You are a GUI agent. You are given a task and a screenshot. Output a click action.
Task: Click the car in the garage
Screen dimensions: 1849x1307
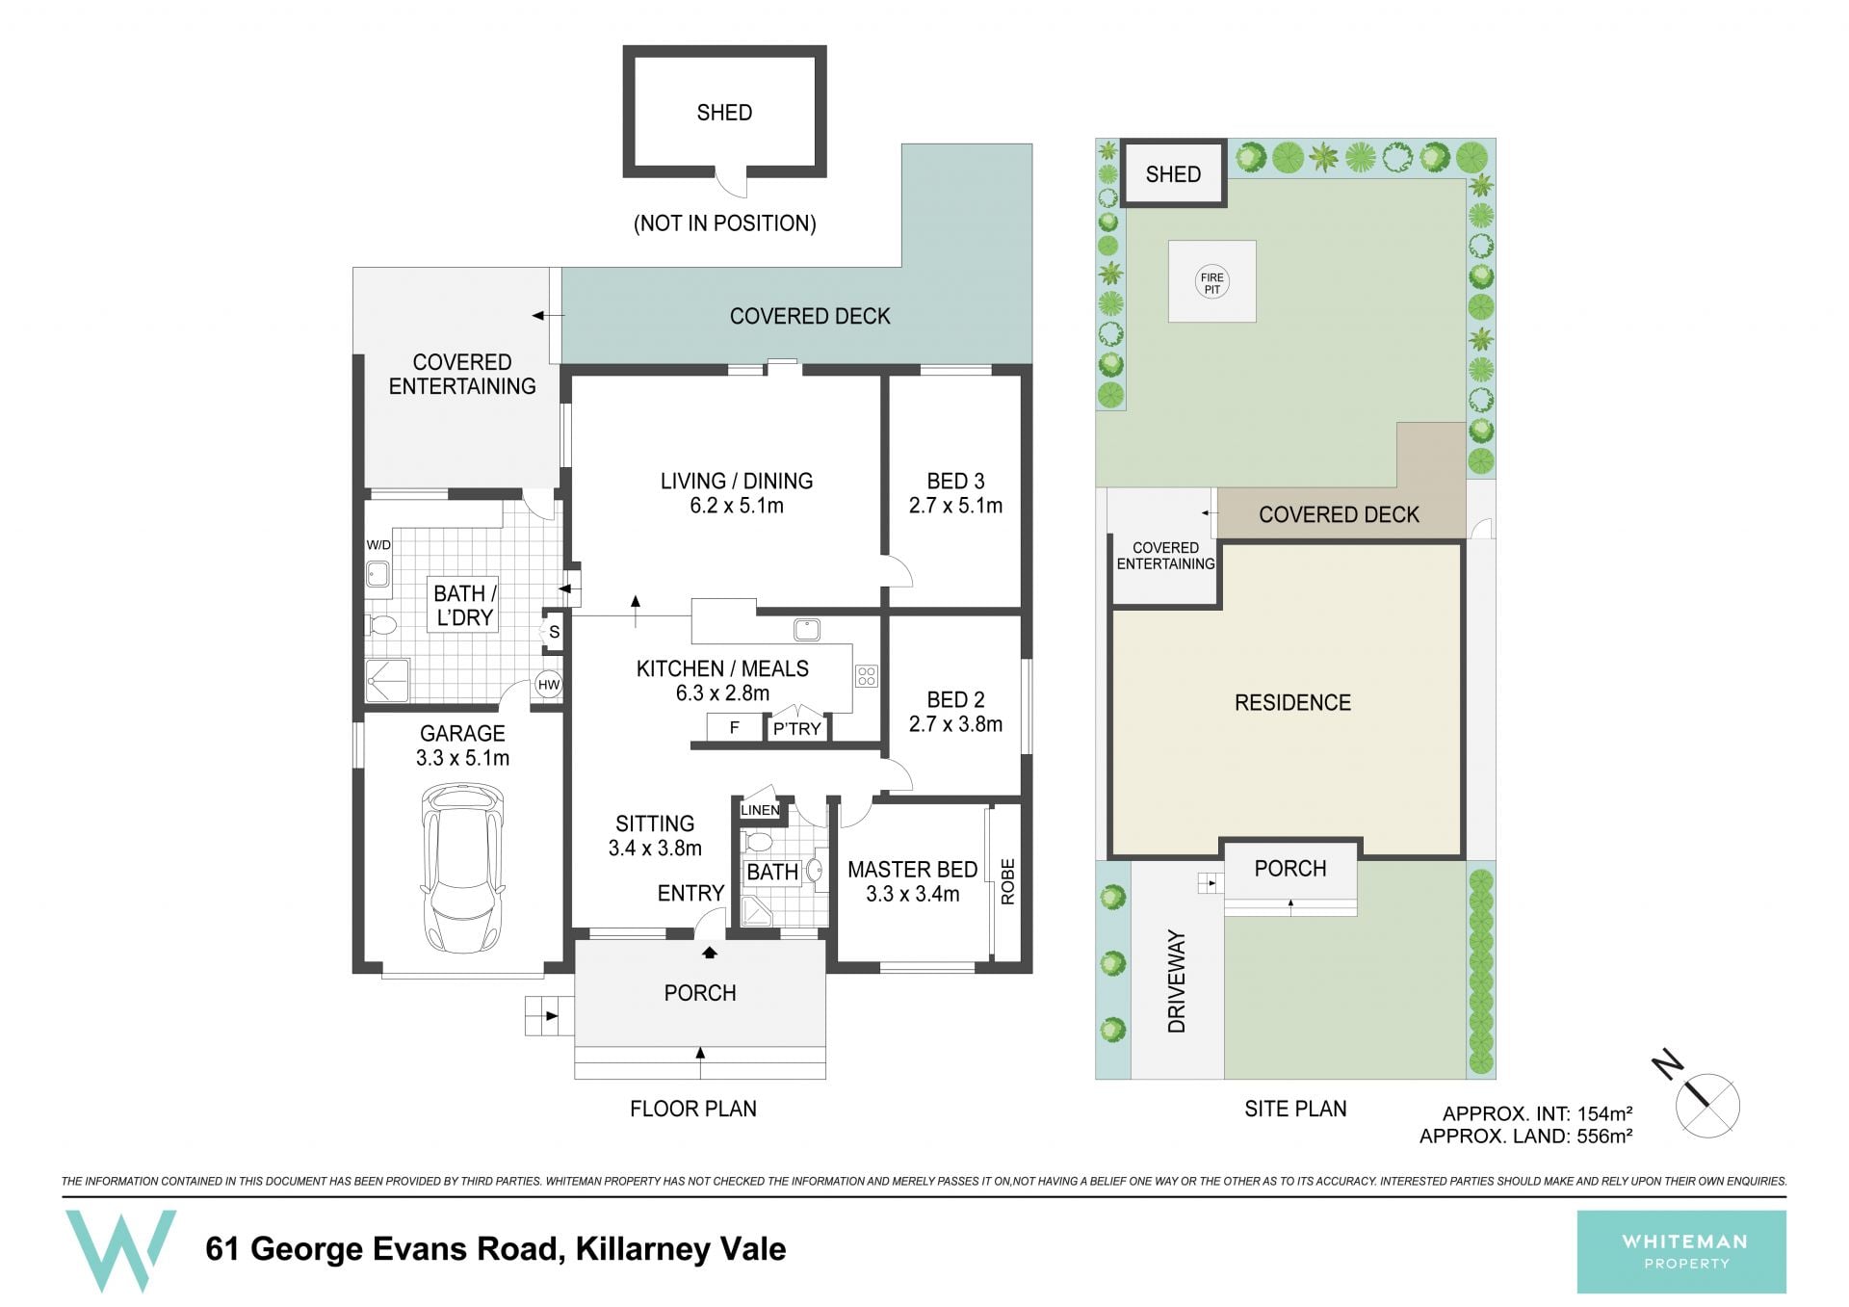tap(462, 868)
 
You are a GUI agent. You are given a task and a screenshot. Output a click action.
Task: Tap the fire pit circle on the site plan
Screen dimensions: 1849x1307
tap(1211, 282)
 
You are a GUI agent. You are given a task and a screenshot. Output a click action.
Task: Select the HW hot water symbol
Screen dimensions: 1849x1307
tap(549, 685)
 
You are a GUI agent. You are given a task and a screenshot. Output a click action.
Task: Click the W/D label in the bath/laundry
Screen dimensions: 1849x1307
tap(378, 545)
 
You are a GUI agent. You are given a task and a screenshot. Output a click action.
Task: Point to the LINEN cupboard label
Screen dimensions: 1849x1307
tap(760, 810)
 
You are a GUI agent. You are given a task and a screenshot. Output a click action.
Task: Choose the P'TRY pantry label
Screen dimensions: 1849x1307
tap(797, 729)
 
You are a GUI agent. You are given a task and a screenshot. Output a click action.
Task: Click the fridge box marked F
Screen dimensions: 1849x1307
tap(735, 728)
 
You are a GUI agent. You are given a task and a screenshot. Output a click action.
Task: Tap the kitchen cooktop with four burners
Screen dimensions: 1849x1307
tap(866, 675)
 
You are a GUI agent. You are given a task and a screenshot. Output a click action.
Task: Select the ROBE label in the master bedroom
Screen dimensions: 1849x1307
tap(1007, 881)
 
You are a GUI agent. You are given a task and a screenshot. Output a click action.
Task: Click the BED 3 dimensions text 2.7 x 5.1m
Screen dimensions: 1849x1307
tap(955, 506)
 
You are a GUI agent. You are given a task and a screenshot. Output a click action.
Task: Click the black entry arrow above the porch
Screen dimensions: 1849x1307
tap(710, 953)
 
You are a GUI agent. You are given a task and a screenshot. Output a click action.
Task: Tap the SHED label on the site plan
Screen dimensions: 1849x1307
tap(1173, 174)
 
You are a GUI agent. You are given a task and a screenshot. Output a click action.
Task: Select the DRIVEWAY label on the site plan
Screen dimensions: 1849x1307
tap(1176, 981)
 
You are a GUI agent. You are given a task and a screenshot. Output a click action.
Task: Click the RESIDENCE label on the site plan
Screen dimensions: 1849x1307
tap(1292, 703)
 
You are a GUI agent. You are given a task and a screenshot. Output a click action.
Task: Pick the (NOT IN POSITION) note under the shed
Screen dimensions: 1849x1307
tap(724, 223)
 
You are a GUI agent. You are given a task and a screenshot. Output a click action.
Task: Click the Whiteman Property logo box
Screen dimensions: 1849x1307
tap(1681, 1251)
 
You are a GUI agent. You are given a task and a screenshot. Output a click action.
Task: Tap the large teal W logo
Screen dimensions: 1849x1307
tap(120, 1250)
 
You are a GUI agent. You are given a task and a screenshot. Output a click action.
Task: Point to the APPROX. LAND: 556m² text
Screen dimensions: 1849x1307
tap(1525, 1137)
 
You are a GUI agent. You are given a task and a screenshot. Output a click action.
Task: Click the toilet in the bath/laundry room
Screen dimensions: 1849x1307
tap(381, 625)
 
